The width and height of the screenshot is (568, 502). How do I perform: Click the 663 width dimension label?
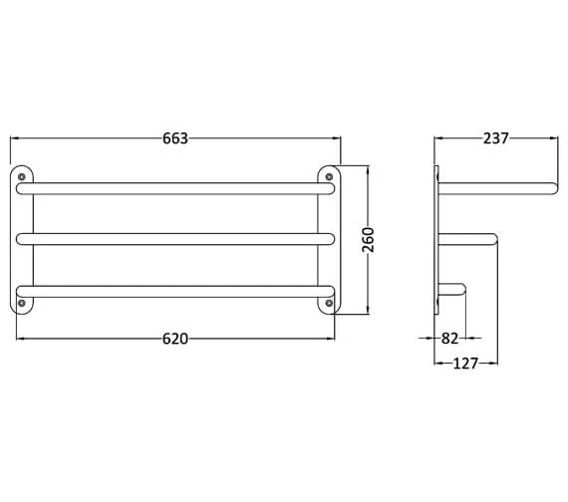point(175,138)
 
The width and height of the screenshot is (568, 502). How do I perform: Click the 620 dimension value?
point(175,339)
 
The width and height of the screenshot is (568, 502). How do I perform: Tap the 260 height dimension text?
point(368,239)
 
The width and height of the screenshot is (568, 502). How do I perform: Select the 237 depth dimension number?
point(495,138)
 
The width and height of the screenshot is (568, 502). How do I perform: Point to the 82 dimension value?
point(449,339)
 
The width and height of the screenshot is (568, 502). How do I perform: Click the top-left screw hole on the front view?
point(22,177)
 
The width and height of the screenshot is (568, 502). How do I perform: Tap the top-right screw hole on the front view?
point(328,177)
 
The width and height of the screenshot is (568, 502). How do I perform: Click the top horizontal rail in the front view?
point(175,187)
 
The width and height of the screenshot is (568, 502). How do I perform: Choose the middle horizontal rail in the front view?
point(175,239)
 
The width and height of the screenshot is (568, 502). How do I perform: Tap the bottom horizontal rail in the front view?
point(175,291)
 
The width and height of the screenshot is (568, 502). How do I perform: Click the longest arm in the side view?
point(498,186)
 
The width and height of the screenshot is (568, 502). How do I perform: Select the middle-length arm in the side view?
point(468,238)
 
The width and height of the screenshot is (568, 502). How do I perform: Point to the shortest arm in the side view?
point(452,290)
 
